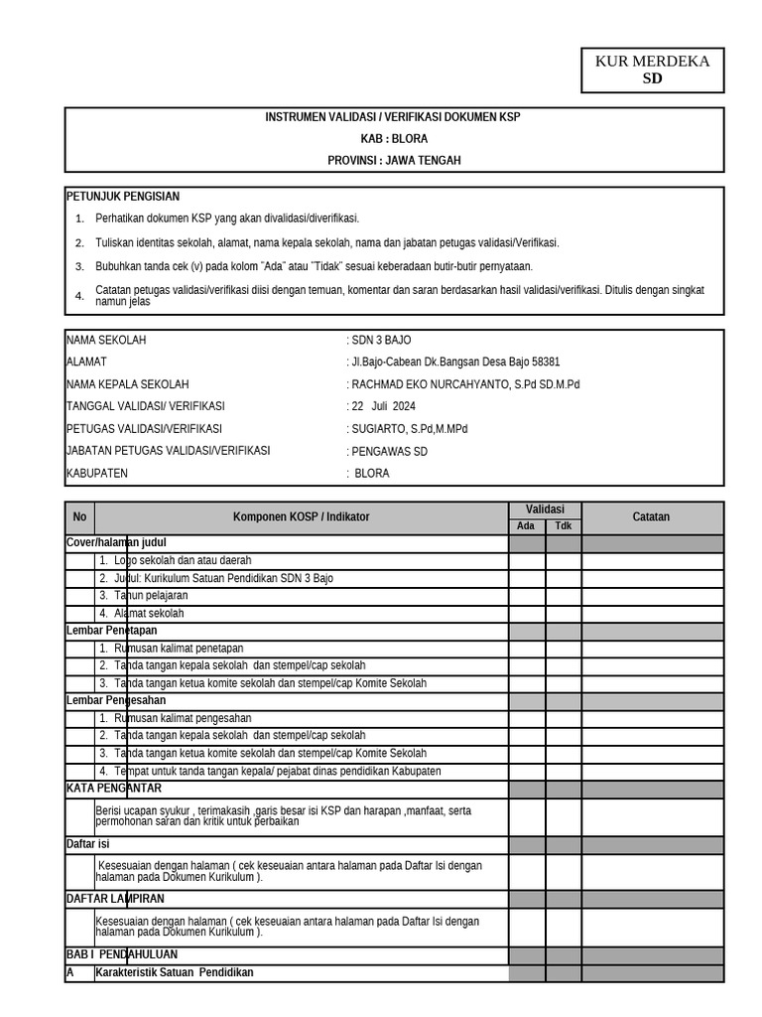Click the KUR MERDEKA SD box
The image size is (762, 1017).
click(652, 70)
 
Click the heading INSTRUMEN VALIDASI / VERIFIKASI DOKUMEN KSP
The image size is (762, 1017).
click(393, 117)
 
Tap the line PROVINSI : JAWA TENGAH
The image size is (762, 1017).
click(394, 160)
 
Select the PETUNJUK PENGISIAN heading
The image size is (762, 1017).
click(123, 197)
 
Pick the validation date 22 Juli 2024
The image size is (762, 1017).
click(384, 406)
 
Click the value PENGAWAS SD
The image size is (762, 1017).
click(388, 451)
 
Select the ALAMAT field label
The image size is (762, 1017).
click(86, 363)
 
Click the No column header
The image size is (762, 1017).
click(79, 517)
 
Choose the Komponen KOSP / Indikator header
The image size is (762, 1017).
click(301, 517)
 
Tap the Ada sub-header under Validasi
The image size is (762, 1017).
click(527, 526)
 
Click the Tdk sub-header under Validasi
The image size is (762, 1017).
click(564, 526)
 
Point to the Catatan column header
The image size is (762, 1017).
click(652, 517)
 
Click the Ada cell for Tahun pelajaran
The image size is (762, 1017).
click(527, 596)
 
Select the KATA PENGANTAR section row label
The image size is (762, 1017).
click(113, 789)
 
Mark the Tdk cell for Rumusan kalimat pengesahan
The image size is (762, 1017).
click(564, 718)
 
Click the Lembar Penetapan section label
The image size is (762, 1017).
click(111, 631)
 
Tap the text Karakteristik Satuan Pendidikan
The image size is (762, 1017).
click(175, 973)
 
